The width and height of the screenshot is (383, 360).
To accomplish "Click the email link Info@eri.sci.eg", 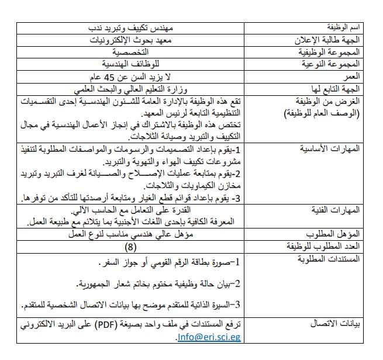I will pyautogui.click(x=209, y=337).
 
